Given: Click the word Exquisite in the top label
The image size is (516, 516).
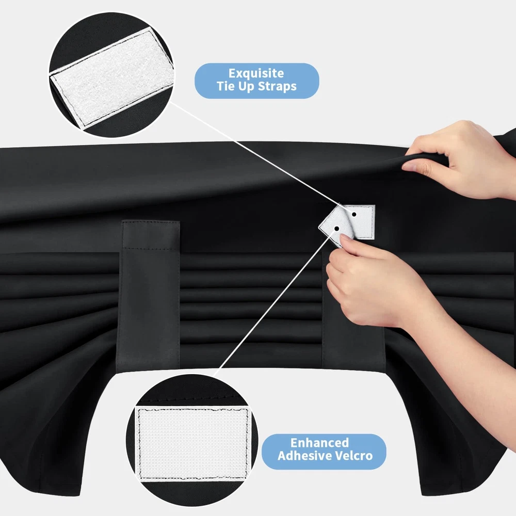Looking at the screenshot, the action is (x=256, y=73).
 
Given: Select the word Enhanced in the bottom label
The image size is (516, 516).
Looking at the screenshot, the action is (x=319, y=443).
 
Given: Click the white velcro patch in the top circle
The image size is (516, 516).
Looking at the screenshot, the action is (x=112, y=78).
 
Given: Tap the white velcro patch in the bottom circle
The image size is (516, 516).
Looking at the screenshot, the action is (x=193, y=444).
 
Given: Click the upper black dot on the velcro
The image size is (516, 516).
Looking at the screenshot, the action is (x=354, y=214).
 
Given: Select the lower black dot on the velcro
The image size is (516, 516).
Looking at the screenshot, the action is (x=336, y=229).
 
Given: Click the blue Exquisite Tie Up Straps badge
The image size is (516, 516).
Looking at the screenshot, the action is (x=256, y=80).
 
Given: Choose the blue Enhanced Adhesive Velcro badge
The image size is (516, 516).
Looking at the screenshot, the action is (x=324, y=451).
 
